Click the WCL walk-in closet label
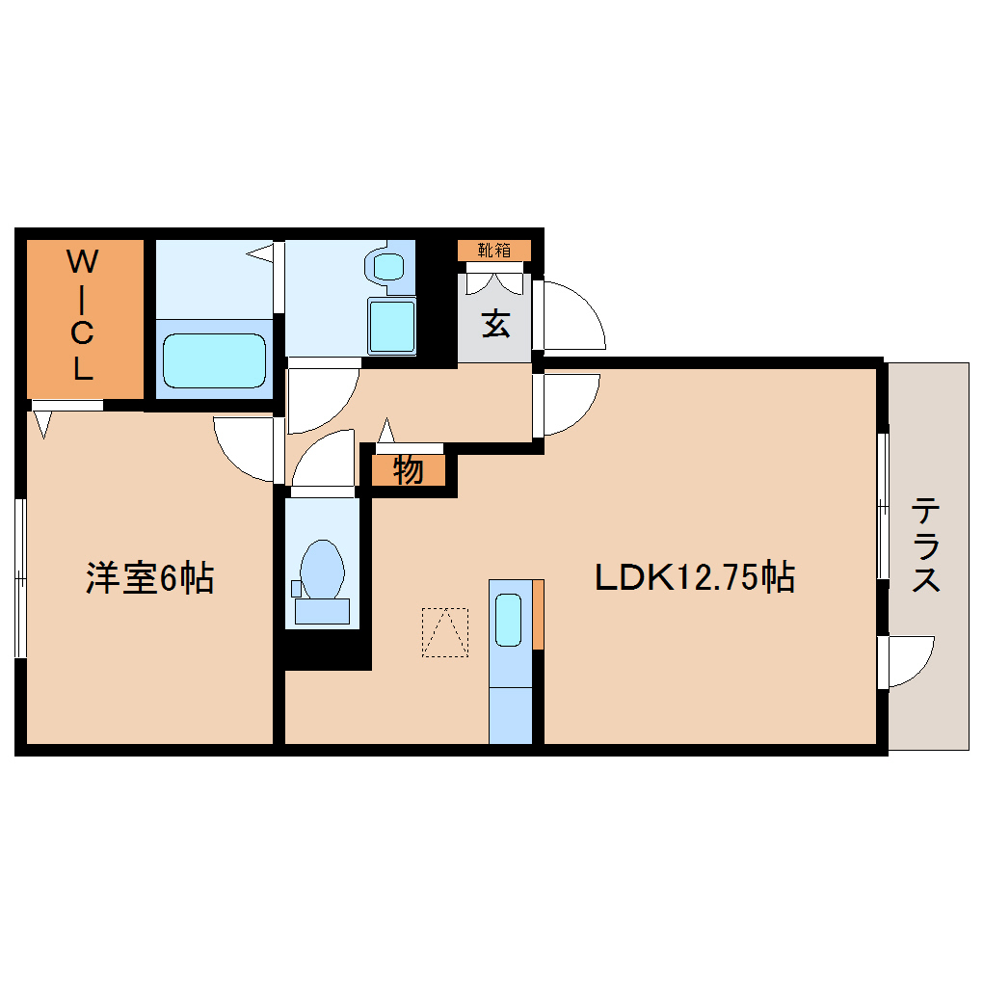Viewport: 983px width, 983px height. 83,314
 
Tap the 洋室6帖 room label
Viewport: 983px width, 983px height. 149,578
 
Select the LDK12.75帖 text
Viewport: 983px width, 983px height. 694,577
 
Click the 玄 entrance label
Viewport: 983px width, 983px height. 495,324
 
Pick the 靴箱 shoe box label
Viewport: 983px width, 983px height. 494,251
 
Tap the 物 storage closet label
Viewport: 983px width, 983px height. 409,471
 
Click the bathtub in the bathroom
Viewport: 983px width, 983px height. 214,360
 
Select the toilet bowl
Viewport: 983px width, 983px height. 321,570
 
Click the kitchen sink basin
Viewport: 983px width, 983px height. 509,620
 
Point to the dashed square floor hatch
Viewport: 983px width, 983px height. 444,632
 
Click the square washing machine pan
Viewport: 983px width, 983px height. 391,326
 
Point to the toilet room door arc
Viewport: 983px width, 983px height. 324,461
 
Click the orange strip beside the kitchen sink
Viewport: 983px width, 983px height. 538,614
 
